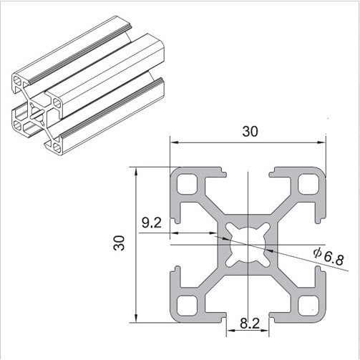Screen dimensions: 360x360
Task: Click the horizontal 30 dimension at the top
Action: click(x=250, y=131)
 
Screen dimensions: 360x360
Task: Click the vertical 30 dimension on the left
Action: click(x=119, y=243)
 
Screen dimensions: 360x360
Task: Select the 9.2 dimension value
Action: click(x=151, y=223)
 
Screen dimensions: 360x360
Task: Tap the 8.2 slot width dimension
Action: click(x=249, y=323)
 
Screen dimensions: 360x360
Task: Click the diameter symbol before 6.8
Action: click(x=316, y=251)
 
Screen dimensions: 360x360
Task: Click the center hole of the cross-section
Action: click(x=248, y=244)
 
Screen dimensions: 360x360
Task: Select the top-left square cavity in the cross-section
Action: click(x=188, y=185)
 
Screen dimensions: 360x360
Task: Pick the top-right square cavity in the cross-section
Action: click(x=308, y=185)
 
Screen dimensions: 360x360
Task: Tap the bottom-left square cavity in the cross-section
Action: click(x=188, y=304)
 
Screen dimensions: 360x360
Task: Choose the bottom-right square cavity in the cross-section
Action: click(x=308, y=304)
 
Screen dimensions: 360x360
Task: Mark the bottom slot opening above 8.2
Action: click(x=248, y=316)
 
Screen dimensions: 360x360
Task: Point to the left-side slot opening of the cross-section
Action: click(x=175, y=244)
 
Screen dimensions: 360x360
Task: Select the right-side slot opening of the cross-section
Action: click(x=321, y=244)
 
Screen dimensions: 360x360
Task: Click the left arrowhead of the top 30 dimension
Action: click(x=174, y=140)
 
